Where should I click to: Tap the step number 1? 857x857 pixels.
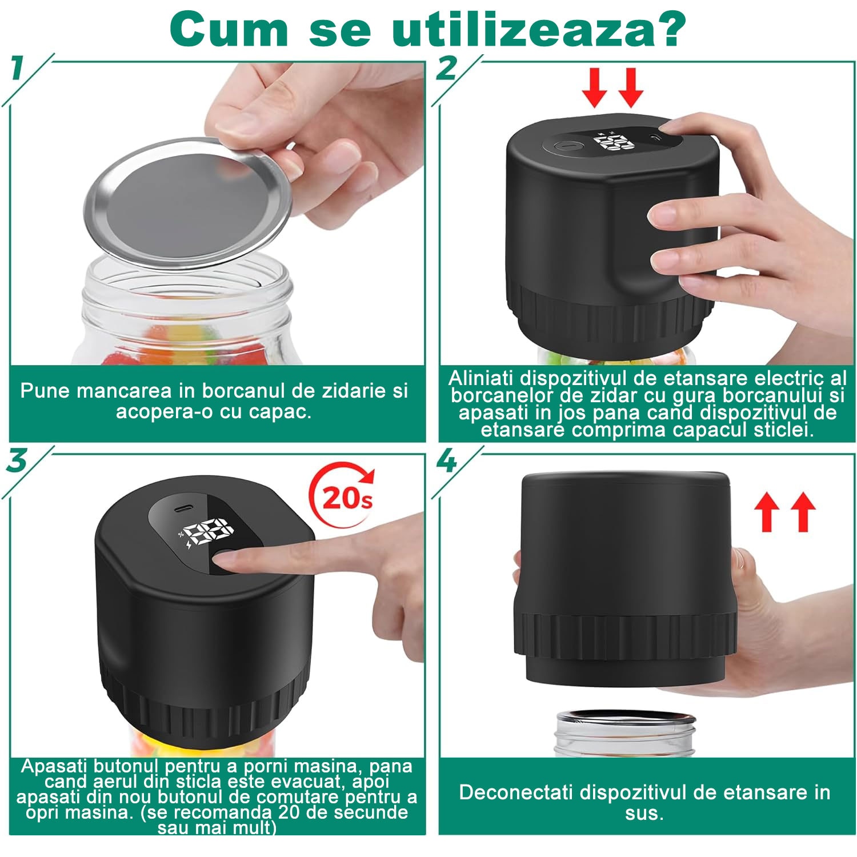tap(18, 69)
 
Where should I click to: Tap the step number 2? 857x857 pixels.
tap(447, 69)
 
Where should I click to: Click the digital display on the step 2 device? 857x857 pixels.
tap(616, 141)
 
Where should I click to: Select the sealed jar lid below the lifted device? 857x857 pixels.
tap(626, 720)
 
